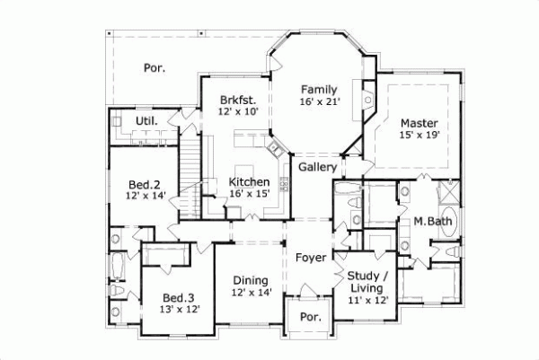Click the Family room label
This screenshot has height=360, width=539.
(x=319, y=89)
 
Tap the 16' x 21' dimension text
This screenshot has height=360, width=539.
(x=319, y=102)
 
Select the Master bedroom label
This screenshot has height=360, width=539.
(x=420, y=122)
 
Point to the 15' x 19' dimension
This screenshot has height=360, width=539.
(x=420, y=135)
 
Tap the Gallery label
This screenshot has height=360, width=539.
(x=317, y=167)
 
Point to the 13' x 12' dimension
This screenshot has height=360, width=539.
(x=180, y=309)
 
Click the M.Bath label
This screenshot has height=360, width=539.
(x=431, y=222)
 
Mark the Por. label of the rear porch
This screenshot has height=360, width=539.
(x=155, y=67)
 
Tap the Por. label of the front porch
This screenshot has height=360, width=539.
(x=310, y=317)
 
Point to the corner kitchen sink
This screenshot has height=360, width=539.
(x=274, y=146)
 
